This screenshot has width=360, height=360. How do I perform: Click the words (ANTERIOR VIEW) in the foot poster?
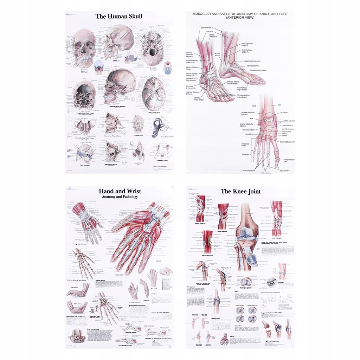point(240,18)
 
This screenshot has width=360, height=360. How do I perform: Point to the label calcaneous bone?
point(247,129)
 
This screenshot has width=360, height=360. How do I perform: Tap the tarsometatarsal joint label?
point(286,142)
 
